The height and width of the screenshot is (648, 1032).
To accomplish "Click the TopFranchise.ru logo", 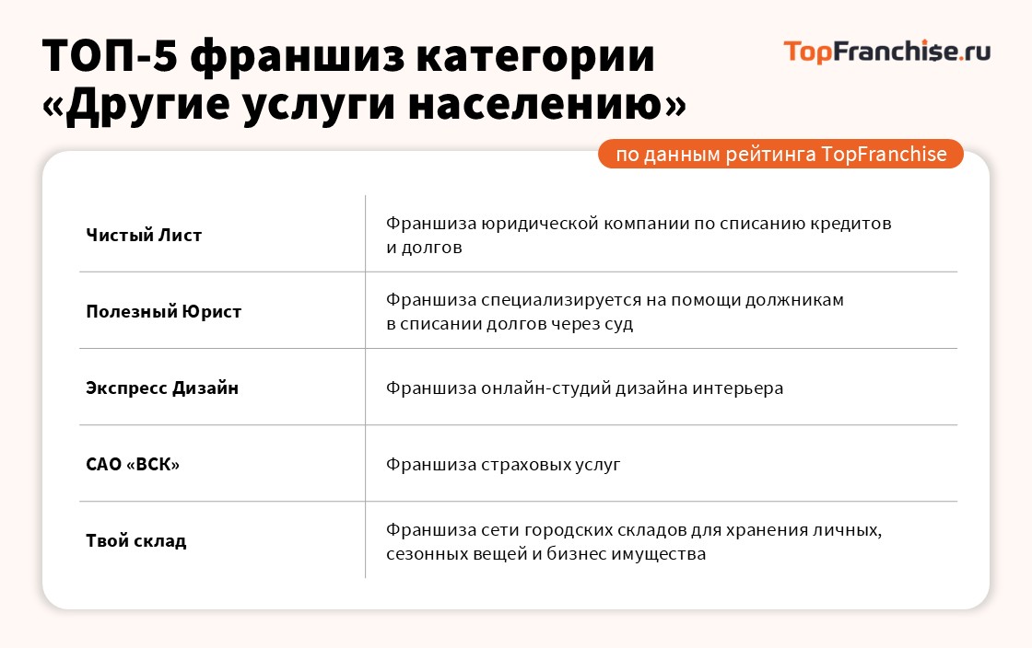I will click(x=886, y=52).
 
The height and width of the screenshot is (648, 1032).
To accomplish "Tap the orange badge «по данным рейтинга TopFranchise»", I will click(x=780, y=154).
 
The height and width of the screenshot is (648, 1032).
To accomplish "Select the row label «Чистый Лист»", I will click(x=144, y=235).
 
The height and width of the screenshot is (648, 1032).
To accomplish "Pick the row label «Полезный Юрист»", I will click(x=163, y=311).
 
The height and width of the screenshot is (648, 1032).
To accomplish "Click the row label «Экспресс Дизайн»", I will click(x=162, y=388).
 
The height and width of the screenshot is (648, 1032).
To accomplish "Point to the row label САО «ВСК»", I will click(x=133, y=464).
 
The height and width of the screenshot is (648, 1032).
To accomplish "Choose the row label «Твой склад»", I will click(x=136, y=540).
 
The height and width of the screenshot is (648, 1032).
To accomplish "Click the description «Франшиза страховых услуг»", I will click(x=503, y=464).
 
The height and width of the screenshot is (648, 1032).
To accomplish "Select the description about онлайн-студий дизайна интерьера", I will click(x=584, y=388).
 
